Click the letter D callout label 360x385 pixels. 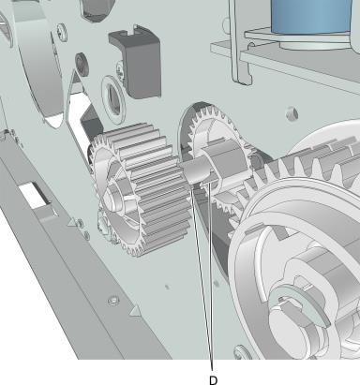tap(213, 380)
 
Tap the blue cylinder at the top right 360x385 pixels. tap(310, 16)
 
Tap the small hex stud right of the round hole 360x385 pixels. tap(292, 113)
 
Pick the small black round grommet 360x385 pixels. tap(82, 62)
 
